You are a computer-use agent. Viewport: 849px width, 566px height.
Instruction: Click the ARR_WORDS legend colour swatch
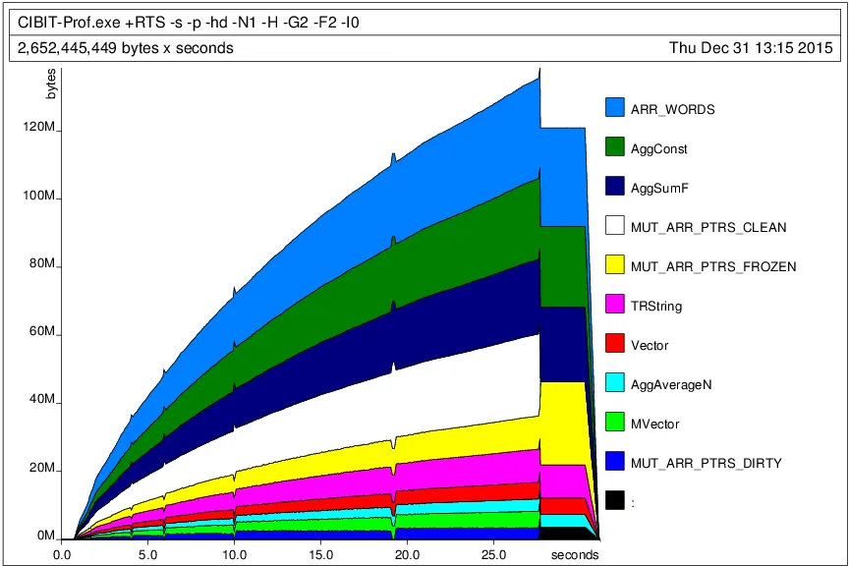(x=615, y=108)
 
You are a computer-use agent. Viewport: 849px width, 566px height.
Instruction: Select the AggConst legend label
(x=658, y=148)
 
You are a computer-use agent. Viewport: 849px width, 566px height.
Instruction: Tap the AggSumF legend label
(x=659, y=188)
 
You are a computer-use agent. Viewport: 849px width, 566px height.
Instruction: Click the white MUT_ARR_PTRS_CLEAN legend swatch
(x=615, y=226)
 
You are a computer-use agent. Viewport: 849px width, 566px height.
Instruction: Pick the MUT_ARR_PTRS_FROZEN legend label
(x=713, y=266)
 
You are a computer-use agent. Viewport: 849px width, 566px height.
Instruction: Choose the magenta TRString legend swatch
(x=615, y=305)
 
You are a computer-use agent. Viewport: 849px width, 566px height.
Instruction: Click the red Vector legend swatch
(x=615, y=344)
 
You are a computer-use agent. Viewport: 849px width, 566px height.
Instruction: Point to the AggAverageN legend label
(x=670, y=384)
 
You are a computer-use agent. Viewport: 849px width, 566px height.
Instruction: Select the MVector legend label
(x=655, y=424)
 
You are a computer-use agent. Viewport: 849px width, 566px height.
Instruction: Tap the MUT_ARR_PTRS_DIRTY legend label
(x=707, y=463)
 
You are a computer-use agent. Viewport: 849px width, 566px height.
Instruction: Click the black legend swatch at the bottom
(x=615, y=501)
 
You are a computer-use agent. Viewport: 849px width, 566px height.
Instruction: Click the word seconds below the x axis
(x=573, y=555)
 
